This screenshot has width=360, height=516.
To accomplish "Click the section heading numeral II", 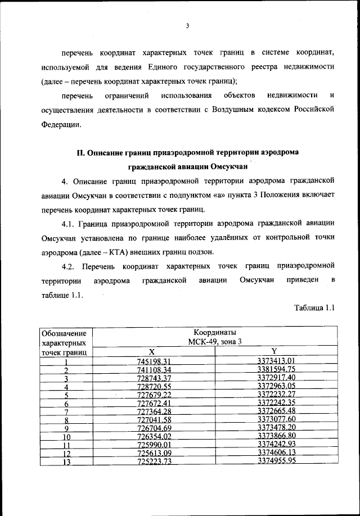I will click(80, 153).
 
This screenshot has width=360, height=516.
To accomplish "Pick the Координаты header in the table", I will click(214, 332).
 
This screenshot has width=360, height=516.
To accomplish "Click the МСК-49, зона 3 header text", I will click(214, 342).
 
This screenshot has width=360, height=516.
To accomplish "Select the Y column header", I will click(274, 351).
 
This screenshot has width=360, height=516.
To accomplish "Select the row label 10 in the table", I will click(66, 437).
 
